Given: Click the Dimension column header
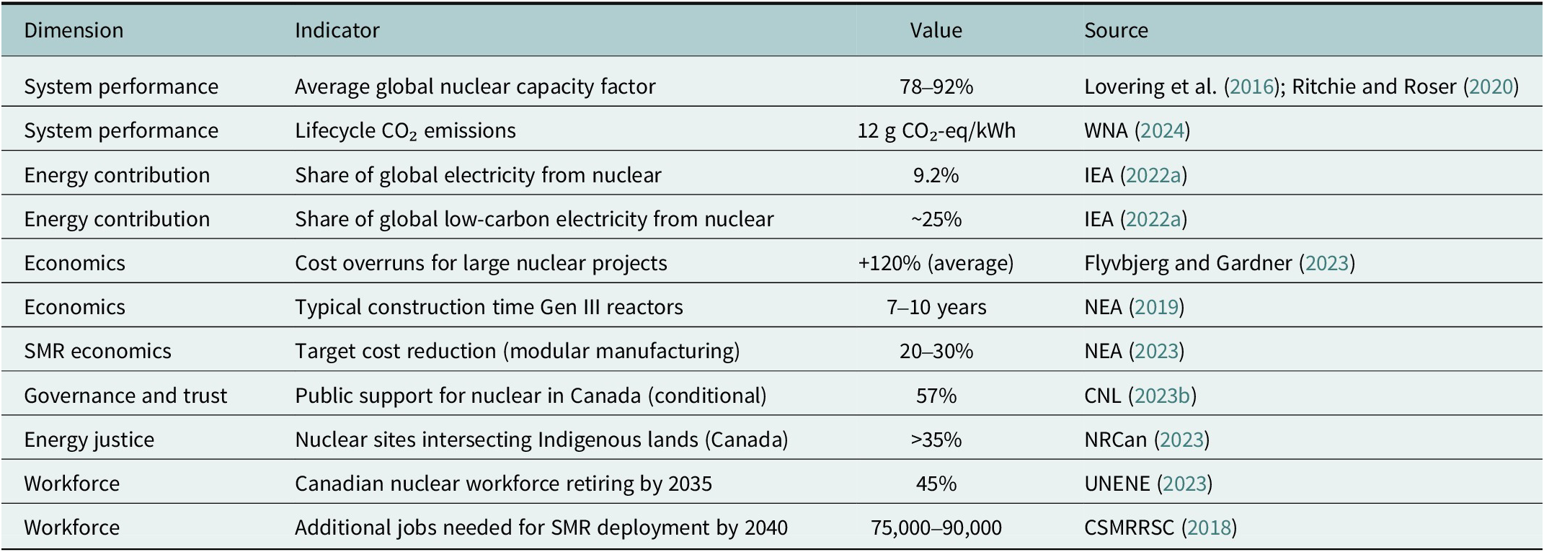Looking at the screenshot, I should point(74,30).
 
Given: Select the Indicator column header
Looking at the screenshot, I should point(337,30).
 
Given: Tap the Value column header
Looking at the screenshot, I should point(936,30).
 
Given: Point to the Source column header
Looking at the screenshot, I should point(1116,30).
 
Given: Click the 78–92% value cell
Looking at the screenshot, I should point(936,86).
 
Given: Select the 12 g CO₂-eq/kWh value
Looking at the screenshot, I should point(936,130).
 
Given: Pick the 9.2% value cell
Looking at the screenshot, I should point(936,175).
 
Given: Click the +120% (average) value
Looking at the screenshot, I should point(936,263).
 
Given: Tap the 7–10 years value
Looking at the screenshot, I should point(936,307).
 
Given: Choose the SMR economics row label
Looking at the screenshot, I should point(97,351).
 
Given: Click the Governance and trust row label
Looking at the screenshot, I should point(125,396).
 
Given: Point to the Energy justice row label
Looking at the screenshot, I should point(89,440).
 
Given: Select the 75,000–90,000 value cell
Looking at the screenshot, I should point(936,527).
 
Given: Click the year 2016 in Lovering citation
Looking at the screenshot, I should point(1251,86).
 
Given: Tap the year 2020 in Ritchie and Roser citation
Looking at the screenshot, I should point(1491,86).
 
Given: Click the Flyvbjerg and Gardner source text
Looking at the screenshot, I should point(1188,263).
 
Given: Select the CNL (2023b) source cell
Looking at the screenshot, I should point(1140,396).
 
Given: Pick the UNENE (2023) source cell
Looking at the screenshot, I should point(1148,484).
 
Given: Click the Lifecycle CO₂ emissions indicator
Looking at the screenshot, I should point(405,130).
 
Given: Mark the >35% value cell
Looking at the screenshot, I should point(936,440).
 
